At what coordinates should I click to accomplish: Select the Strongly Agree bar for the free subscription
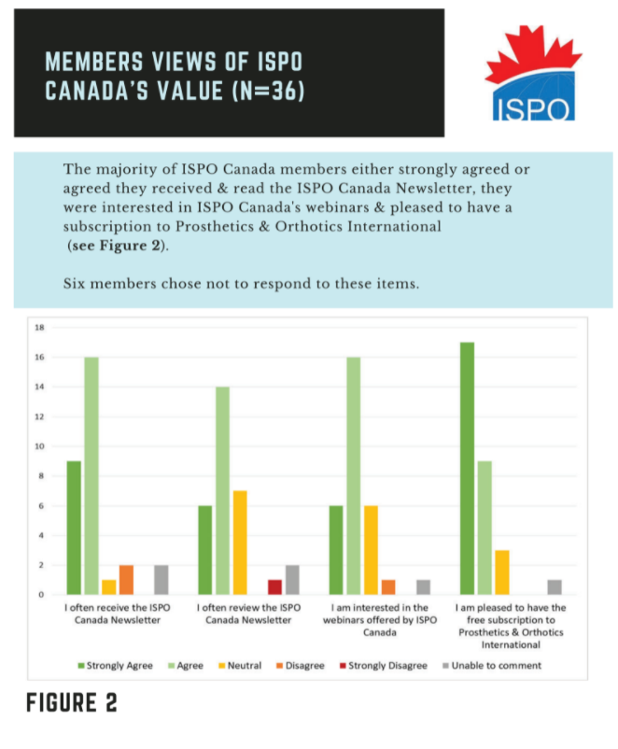467,468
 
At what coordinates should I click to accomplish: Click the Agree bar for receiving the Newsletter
91,475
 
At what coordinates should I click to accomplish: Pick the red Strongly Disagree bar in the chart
274,586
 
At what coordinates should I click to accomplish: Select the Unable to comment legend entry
493,666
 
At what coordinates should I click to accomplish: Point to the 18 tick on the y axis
39,327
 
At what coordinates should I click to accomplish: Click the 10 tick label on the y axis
39,445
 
